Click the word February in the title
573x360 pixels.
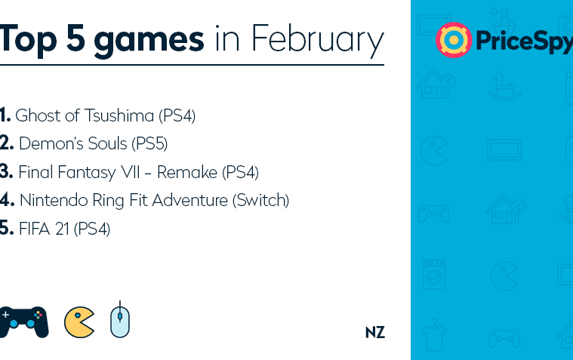click(318, 39)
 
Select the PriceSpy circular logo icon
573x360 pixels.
click(454, 40)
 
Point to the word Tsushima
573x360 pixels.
click(119, 115)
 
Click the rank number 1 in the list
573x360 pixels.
click(5, 115)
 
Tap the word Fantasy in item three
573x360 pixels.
click(86, 173)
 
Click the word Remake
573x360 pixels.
click(187, 172)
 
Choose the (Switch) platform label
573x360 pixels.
click(260, 200)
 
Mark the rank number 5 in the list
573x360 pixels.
click(7, 228)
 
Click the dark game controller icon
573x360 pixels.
click(23, 322)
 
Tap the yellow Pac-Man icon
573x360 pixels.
click(79, 322)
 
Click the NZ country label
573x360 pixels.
click(375, 332)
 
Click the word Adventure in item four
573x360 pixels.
click(190, 200)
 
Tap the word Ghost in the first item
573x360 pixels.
click(38, 115)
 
